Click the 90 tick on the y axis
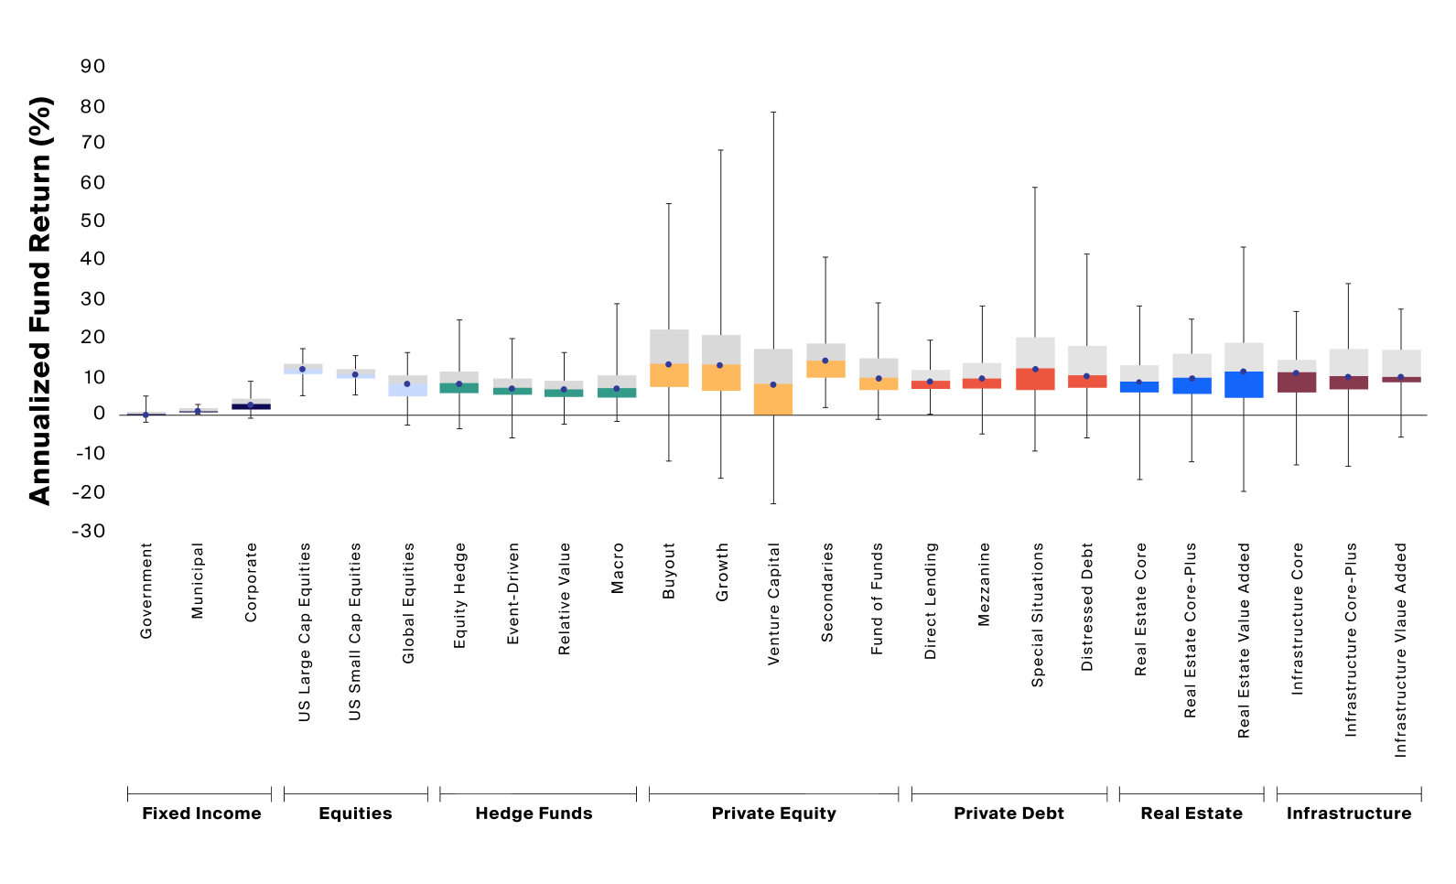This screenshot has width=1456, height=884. pos(92,66)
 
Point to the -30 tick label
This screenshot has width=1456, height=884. pos(89,531)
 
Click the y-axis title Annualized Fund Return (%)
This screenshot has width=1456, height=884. pos(39,300)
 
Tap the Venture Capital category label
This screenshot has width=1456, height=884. pos(774,604)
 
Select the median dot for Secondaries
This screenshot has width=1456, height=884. pos(825,361)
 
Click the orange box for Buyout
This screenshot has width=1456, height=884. pos(669,375)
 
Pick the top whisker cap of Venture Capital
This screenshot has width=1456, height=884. pos(773,113)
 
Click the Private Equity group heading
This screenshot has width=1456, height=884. pos(773,814)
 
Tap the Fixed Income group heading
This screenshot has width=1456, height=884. pos(201,814)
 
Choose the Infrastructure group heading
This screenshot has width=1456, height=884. pos(1348,814)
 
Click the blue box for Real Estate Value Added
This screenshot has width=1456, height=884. pos(1244,384)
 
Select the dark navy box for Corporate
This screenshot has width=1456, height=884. pos(251,406)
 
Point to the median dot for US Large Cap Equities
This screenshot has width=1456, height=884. pos(302,369)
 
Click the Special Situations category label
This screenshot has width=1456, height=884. pos(1038,615)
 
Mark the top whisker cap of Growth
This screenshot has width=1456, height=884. pos(721,150)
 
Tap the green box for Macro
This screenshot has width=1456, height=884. pos(617,393)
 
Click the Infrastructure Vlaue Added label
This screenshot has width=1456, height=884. pos(1401,650)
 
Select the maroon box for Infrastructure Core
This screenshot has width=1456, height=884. pos(1297,383)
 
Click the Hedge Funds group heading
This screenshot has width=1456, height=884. pos(534,814)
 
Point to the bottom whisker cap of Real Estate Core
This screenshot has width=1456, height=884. pos(1139,480)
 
